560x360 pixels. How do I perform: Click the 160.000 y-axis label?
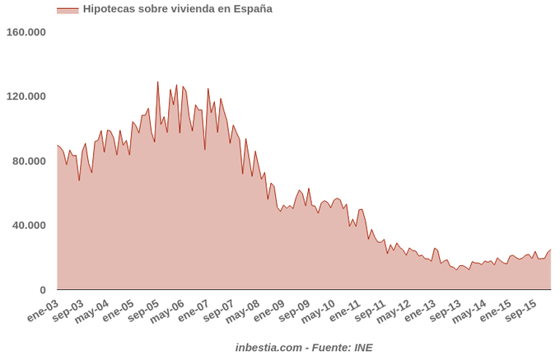pos(26,32)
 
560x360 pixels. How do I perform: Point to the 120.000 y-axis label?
pos(26,96)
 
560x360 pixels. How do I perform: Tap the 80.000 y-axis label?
pos(29,161)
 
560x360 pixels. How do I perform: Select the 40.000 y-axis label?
pos(29,225)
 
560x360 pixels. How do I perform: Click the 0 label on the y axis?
pos(42,290)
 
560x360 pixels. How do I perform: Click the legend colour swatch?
pos(68,10)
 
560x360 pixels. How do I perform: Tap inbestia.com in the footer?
pos(268,348)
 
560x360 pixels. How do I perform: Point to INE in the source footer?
pos(363,348)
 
